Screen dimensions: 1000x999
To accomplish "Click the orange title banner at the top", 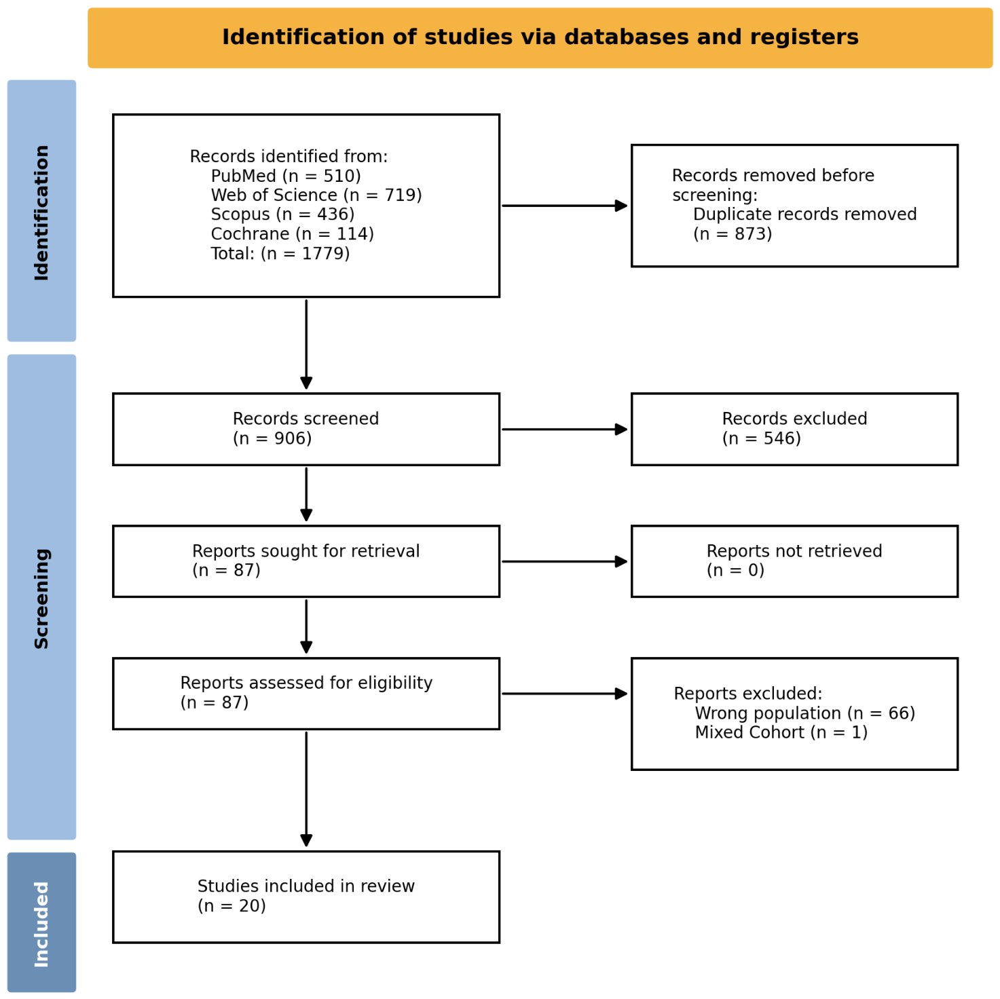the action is click(539, 38).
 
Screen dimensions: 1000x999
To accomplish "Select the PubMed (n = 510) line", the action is click(285, 176).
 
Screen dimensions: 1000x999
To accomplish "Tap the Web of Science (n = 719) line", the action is click(316, 195).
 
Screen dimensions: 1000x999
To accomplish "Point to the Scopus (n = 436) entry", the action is click(282, 214).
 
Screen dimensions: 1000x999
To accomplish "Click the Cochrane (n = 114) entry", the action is click(292, 234).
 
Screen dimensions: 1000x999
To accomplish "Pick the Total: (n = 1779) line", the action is click(280, 253).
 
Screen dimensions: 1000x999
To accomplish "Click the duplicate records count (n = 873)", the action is click(733, 234).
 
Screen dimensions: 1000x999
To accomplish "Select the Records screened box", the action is click(305, 429).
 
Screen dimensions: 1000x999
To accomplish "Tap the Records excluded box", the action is click(794, 429).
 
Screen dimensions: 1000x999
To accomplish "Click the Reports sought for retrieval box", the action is click(305, 561).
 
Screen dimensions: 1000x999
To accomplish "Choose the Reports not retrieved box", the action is click(794, 561).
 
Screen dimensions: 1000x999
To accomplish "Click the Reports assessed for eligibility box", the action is click(305, 693).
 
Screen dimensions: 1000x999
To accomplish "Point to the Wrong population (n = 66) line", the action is click(805, 713).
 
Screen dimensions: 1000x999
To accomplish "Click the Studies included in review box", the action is click(305, 897).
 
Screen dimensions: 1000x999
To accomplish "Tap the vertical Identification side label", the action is click(41, 213).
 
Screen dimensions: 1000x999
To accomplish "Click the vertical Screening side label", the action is click(41, 599).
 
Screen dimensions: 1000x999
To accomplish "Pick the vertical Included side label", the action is click(41, 924).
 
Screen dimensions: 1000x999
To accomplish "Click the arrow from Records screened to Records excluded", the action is click(565, 429).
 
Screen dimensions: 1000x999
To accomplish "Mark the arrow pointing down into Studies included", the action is click(306, 789).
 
